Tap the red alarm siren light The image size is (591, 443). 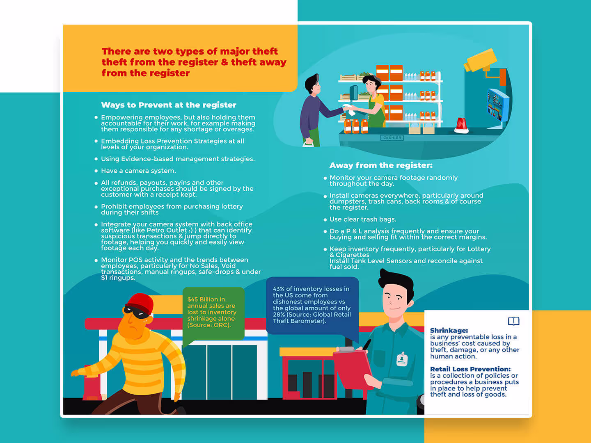462,125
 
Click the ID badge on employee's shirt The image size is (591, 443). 402,359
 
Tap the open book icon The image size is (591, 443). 513,321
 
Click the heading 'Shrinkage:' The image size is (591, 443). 449,330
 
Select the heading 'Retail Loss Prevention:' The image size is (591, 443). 470,369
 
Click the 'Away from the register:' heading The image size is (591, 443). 381,165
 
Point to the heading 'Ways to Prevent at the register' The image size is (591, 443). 169,105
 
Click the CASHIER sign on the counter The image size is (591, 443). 392,138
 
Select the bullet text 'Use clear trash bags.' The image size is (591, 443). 363,219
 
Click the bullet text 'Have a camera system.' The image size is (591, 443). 138,171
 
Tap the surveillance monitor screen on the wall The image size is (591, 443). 497,104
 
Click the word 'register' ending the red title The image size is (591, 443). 169,73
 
